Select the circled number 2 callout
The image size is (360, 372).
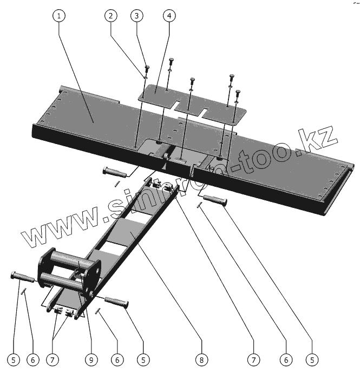[111, 16]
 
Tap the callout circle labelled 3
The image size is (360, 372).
[138, 16]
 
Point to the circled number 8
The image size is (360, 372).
[201, 360]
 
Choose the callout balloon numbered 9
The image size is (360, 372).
[91, 360]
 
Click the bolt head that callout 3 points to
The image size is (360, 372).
[147, 68]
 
